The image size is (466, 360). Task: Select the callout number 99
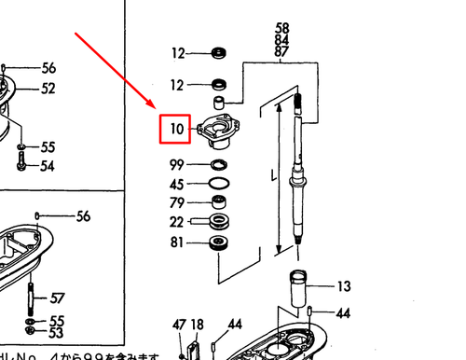(177, 165)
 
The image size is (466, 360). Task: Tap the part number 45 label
(177, 184)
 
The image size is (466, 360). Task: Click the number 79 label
(177, 202)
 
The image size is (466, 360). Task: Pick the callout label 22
(177, 222)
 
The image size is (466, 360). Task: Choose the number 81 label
(177, 243)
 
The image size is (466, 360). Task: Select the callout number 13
(344, 285)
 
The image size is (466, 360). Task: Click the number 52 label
(48, 89)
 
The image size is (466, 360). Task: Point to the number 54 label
(48, 166)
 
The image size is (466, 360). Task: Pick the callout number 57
(58, 298)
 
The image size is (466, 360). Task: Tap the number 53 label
(56, 333)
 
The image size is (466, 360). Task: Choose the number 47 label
(180, 325)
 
